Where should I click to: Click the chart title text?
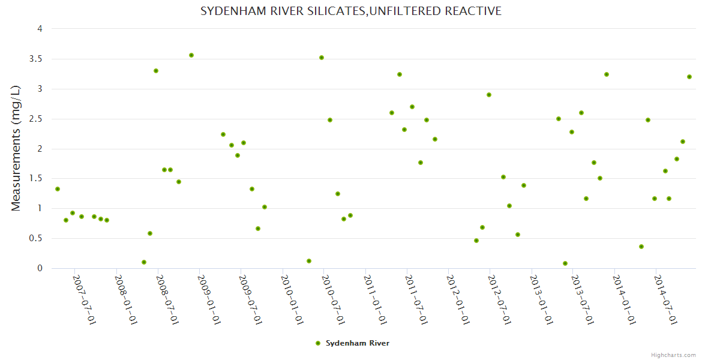click(350, 11)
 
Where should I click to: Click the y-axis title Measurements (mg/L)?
click(16, 148)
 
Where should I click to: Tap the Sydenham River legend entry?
click(353, 343)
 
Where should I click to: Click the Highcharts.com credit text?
click(673, 355)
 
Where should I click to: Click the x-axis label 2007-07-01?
click(85, 300)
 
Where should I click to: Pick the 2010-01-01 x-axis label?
click(292, 300)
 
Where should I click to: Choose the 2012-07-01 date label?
click(500, 300)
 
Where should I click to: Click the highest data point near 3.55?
click(191, 55)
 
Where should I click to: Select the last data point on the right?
click(689, 77)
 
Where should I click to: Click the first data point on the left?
click(58, 189)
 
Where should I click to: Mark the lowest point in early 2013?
click(565, 263)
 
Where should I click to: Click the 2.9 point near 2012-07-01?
click(489, 95)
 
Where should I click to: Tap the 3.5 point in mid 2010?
click(322, 58)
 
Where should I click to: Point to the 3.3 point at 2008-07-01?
click(156, 71)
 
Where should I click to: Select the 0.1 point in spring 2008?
click(144, 262)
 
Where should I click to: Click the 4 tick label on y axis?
click(40, 29)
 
